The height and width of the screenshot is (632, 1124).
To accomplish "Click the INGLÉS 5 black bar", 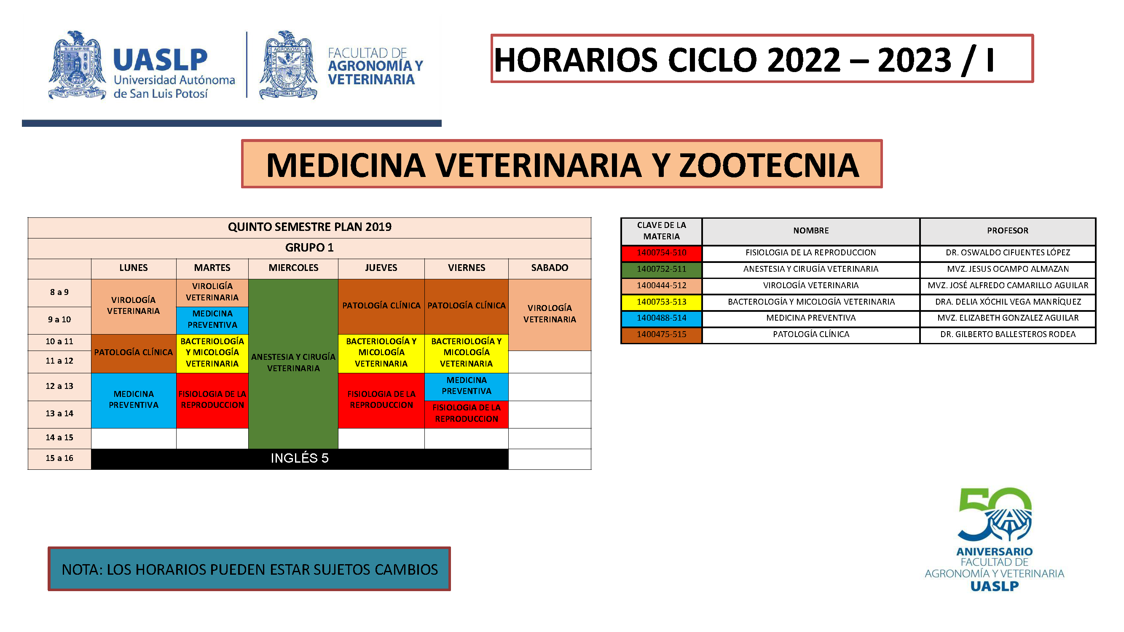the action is pyautogui.click(x=299, y=458).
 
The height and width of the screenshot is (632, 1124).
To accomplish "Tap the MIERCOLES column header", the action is pyautogui.click(x=293, y=268).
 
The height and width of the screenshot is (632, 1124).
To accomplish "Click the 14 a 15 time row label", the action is pyautogui.click(x=59, y=438).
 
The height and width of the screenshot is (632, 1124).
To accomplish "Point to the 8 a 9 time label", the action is pyautogui.click(x=59, y=292).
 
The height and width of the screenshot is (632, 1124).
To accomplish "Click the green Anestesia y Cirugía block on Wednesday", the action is pyautogui.click(x=293, y=363).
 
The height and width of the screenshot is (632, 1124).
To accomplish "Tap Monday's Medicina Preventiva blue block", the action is pyautogui.click(x=134, y=400).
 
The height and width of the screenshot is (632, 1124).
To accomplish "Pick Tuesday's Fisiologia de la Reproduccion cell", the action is pyautogui.click(x=212, y=400).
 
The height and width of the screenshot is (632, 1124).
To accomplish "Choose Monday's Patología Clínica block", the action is pyautogui.click(x=134, y=353).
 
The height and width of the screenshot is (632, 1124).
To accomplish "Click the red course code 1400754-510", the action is pyautogui.click(x=662, y=253).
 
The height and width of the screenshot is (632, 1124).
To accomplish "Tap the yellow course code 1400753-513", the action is pyautogui.click(x=662, y=302).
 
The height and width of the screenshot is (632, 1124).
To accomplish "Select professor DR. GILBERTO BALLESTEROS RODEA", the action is pyautogui.click(x=1008, y=335).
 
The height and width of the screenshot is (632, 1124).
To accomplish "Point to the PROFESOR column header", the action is pyautogui.click(x=1008, y=231).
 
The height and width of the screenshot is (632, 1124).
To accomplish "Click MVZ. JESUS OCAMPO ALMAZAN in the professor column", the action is pyautogui.click(x=1008, y=269).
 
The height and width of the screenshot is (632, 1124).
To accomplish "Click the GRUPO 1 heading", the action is pyautogui.click(x=309, y=248).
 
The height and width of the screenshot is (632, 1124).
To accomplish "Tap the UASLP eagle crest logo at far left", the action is pyautogui.click(x=77, y=65).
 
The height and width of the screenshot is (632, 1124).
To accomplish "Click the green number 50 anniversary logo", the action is pyautogui.click(x=995, y=515).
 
